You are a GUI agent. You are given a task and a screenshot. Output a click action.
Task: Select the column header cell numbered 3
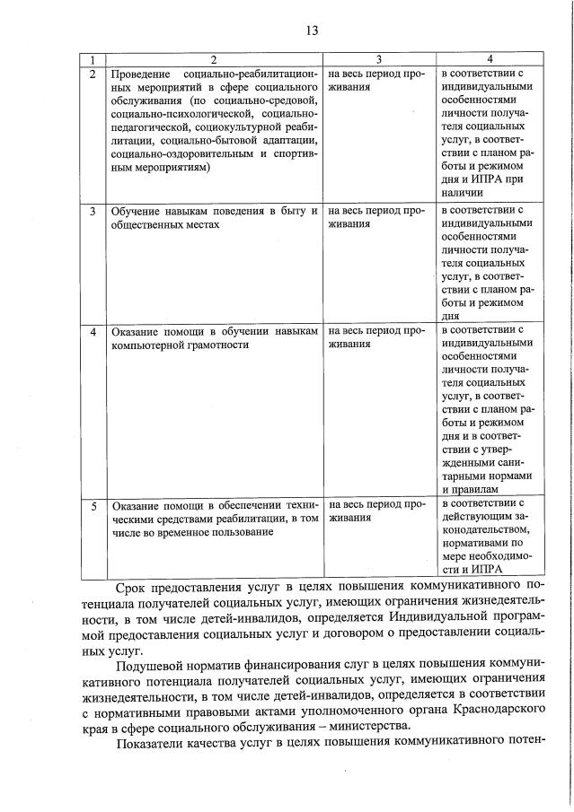(x=380, y=59)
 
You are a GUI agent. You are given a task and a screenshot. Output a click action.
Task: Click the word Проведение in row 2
(x=141, y=73)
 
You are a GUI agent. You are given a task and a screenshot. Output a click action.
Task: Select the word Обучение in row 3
(x=136, y=212)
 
